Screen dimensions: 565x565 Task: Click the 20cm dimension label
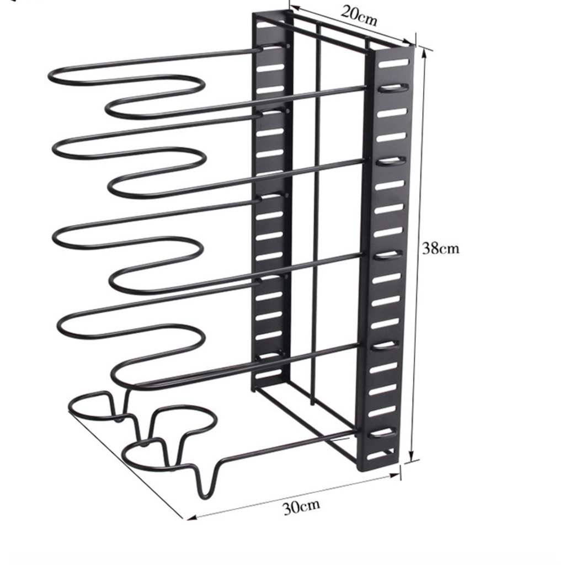point(358,16)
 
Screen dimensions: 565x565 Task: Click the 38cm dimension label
point(441,248)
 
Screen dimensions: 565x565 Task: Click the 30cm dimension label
point(301,508)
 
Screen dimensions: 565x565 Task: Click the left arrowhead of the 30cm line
point(191,518)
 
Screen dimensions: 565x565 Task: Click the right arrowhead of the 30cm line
point(395,476)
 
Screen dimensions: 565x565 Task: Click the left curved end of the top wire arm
point(50,76)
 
